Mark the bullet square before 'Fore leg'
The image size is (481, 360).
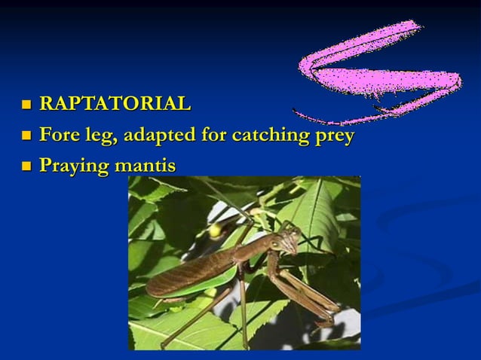(27, 137)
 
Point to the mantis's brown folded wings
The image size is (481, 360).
(188, 275)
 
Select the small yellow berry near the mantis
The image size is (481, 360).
(216, 230)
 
